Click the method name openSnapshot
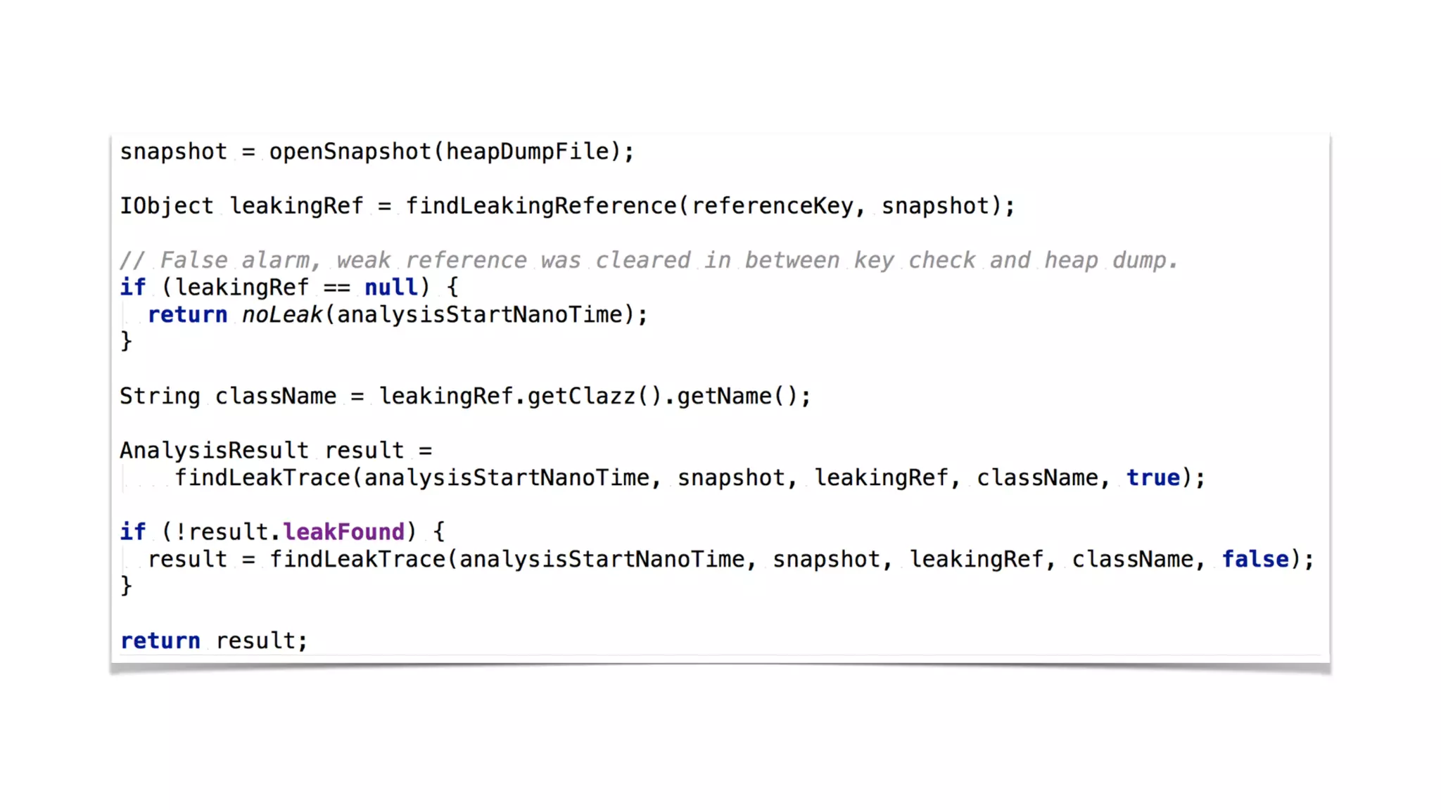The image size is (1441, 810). pos(350,152)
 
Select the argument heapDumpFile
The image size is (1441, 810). pos(528,152)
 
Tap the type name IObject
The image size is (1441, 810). pos(166,206)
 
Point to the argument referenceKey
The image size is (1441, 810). pos(772,206)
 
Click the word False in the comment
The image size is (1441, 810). pos(193,260)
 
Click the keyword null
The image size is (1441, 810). pos(391,287)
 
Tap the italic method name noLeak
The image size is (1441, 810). pos(281,314)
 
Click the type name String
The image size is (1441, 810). pos(160,397)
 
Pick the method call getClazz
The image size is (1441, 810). pos(581,397)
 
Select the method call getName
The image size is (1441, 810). pos(724,397)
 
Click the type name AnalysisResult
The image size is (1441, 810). pos(214,451)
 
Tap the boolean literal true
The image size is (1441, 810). pos(1153,478)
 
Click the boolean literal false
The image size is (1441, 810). pos(1255,560)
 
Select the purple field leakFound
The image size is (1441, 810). pos(343,532)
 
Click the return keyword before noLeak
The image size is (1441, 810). pos(187,314)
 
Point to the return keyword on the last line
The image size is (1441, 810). pos(160,641)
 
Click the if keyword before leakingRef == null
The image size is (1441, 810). pos(132,287)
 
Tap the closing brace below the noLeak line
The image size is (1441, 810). pos(126,342)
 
